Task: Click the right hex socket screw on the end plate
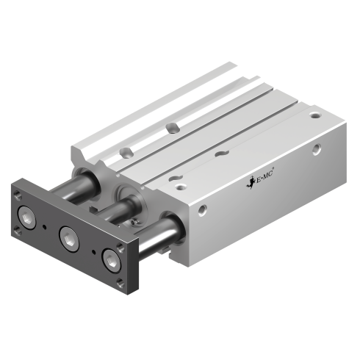[111, 259]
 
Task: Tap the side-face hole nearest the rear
[316, 151]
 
